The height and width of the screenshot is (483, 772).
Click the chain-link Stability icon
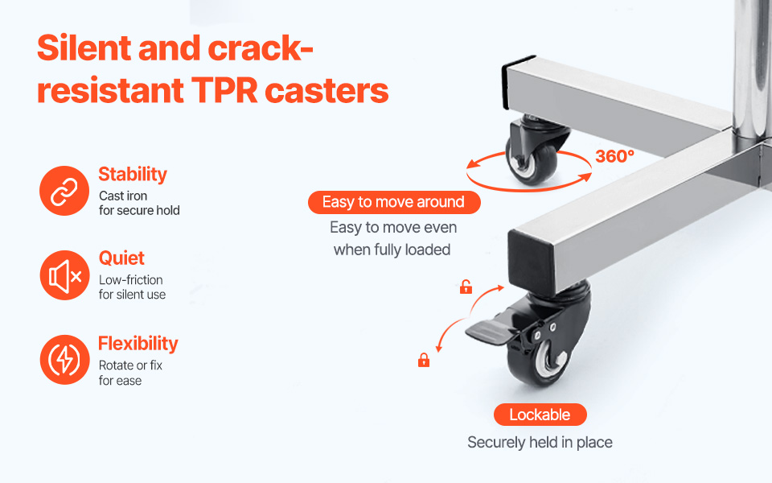[64, 191]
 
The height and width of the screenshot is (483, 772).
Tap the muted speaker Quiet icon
[64, 275]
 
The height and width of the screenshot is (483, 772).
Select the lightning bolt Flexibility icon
[64, 360]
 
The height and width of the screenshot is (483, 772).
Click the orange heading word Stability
[133, 175]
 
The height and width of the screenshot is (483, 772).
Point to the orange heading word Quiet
[121, 258]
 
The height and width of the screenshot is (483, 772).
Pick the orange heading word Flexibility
[138, 344]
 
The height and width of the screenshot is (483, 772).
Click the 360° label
[614, 156]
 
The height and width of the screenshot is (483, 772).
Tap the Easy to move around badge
[394, 202]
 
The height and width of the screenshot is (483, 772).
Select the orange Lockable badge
[540, 415]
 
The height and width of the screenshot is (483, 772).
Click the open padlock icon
[466, 287]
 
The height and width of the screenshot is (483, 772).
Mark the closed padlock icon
[424, 360]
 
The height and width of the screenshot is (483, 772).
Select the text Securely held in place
[540, 442]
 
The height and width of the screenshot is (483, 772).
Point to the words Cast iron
[123, 196]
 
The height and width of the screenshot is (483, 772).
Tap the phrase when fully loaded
[392, 250]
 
